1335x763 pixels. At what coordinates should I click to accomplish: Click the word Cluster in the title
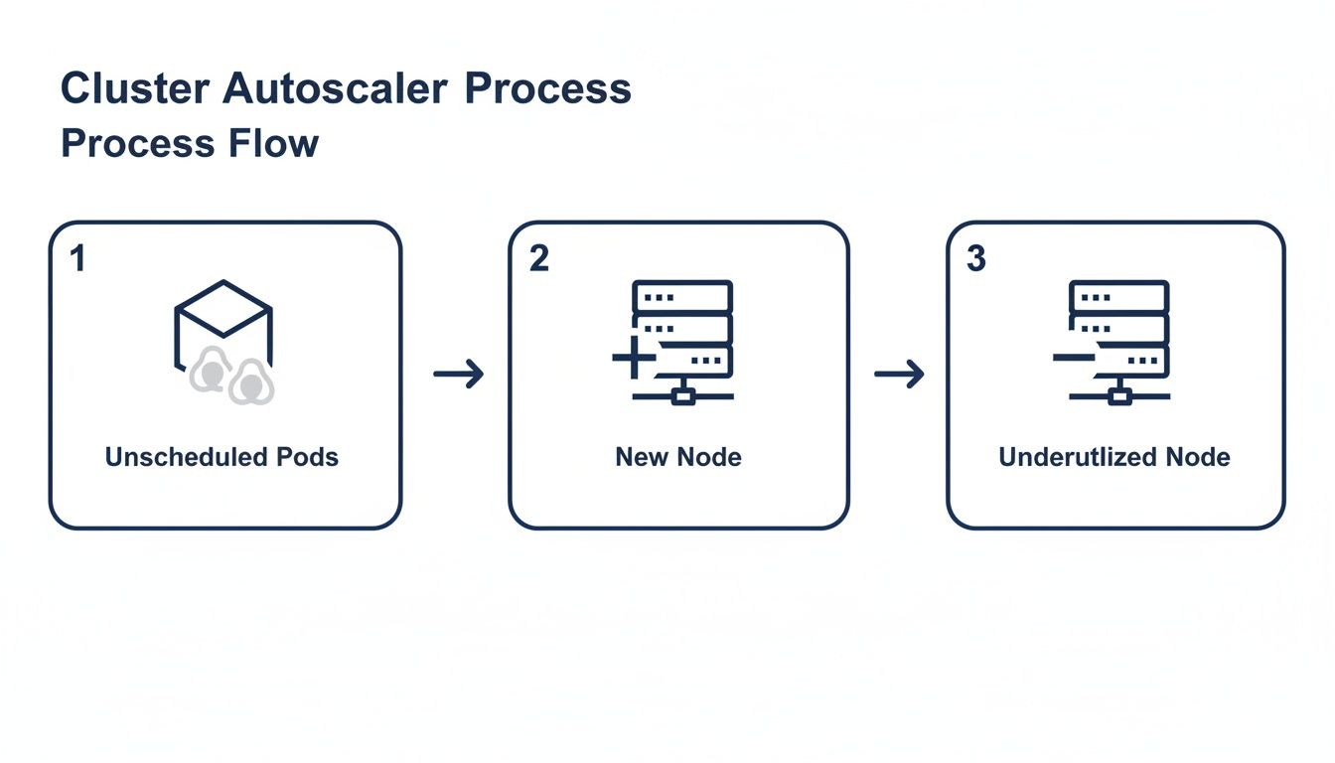point(135,88)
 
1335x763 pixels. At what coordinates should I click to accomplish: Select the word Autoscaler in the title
point(335,88)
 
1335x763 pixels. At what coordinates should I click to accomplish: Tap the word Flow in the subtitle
point(270,143)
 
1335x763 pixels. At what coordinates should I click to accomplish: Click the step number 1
point(77,259)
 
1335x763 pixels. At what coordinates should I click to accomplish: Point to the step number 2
point(538,259)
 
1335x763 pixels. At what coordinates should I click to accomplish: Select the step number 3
point(975,259)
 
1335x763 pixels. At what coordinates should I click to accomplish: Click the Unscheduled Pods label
point(222,457)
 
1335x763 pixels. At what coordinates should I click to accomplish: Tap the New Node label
point(678,457)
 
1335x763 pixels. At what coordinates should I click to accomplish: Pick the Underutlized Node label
point(1114,457)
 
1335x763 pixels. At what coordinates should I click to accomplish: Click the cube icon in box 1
point(223,318)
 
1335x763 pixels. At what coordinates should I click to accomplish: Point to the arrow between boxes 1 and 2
point(459,375)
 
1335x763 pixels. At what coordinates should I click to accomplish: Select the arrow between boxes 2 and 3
point(899,375)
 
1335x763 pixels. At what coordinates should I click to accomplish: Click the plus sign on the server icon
point(633,358)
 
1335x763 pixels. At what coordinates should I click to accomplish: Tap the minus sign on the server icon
point(1073,356)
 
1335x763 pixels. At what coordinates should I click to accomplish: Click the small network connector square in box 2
point(682,396)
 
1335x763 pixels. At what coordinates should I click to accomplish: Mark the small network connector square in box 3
point(1119,396)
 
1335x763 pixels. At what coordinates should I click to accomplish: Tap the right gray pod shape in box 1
point(250,382)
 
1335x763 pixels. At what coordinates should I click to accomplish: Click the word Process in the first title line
point(548,88)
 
